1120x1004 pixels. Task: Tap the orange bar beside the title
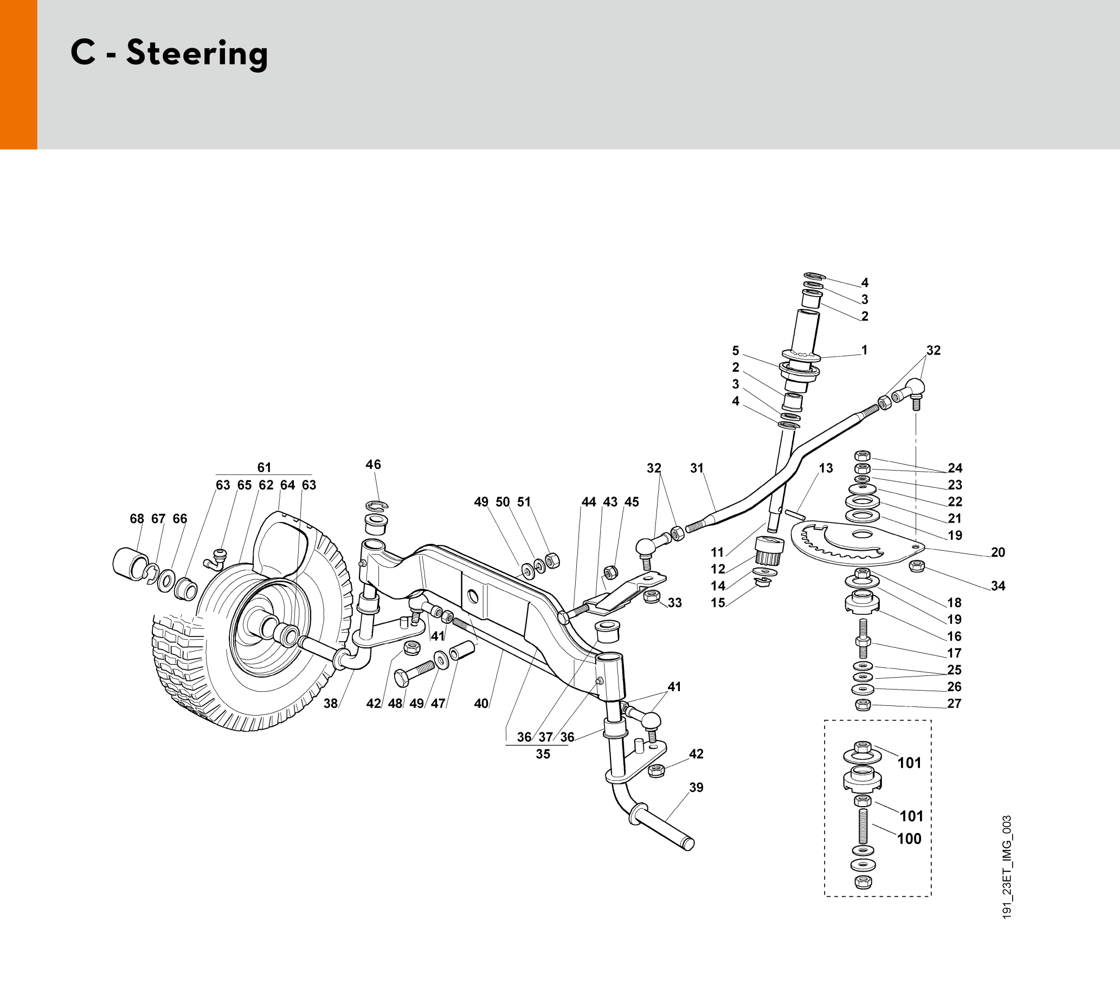[x=18, y=74]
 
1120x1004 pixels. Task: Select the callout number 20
[x=998, y=552]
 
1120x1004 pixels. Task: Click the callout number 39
[x=696, y=787]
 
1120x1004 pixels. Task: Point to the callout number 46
[x=374, y=465]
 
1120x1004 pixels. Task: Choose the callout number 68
[x=137, y=519]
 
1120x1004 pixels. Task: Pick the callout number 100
[x=909, y=839]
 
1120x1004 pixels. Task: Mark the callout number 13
[x=826, y=468]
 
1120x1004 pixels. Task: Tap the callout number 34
[x=998, y=586]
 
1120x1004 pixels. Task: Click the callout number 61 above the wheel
[x=264, y=468]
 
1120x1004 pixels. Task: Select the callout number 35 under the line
[x=543, y=754]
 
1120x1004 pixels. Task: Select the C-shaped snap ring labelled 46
[x=377, y=505]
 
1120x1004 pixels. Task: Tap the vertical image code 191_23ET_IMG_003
[x=1007, y=867]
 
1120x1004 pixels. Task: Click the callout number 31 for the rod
[x=697, y=468]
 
